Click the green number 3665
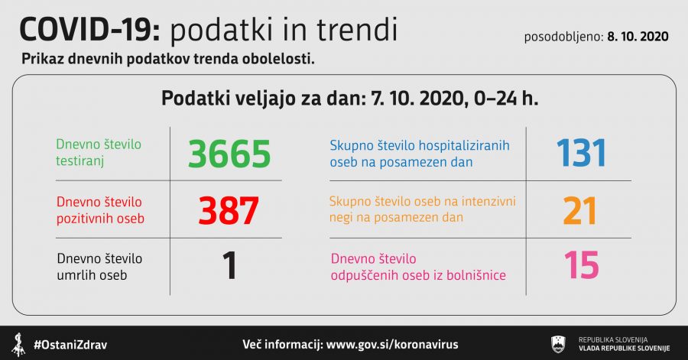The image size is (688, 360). click(x=229, y=154)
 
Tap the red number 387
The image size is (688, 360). click(x=228, y=210)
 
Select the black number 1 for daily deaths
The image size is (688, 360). click(x=229, y=265)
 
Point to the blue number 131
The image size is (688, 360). click(x=581, y=153)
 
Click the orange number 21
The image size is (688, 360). click(x=579, y=211)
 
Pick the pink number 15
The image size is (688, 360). click(x=582, y=265)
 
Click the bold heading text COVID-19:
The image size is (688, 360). click(x=90, y=29)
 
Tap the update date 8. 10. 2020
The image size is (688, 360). click(x=638, y=37)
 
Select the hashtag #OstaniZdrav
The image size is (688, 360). click(x=70, y=345)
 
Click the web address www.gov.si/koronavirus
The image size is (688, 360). click(x=392, y=344)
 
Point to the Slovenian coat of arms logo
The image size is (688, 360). click(x=558, y=344)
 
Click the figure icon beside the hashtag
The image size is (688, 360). click(x=18, y=345)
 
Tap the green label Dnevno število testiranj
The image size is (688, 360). click(x=99, y=153)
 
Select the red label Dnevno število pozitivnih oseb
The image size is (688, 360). click(x=100, y=210)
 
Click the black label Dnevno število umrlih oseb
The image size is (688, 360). click(x=99, y=267)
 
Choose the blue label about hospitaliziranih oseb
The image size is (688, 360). click(x=420, y=154)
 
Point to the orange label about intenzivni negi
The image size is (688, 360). click(x=422, y=209)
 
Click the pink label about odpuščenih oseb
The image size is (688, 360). click(x=418, y=267)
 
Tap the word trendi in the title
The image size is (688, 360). click(x=357, y=29)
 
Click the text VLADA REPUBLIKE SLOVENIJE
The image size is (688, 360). click(x=624, y=349)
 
